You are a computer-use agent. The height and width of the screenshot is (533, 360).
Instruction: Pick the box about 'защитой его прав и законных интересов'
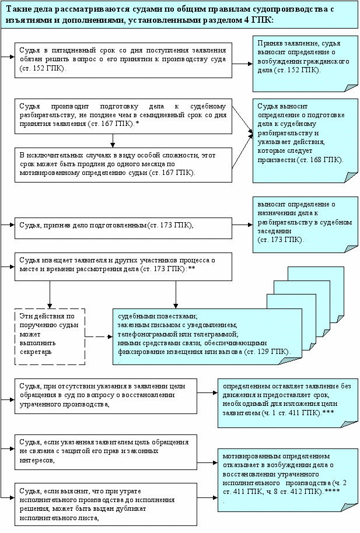106,451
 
